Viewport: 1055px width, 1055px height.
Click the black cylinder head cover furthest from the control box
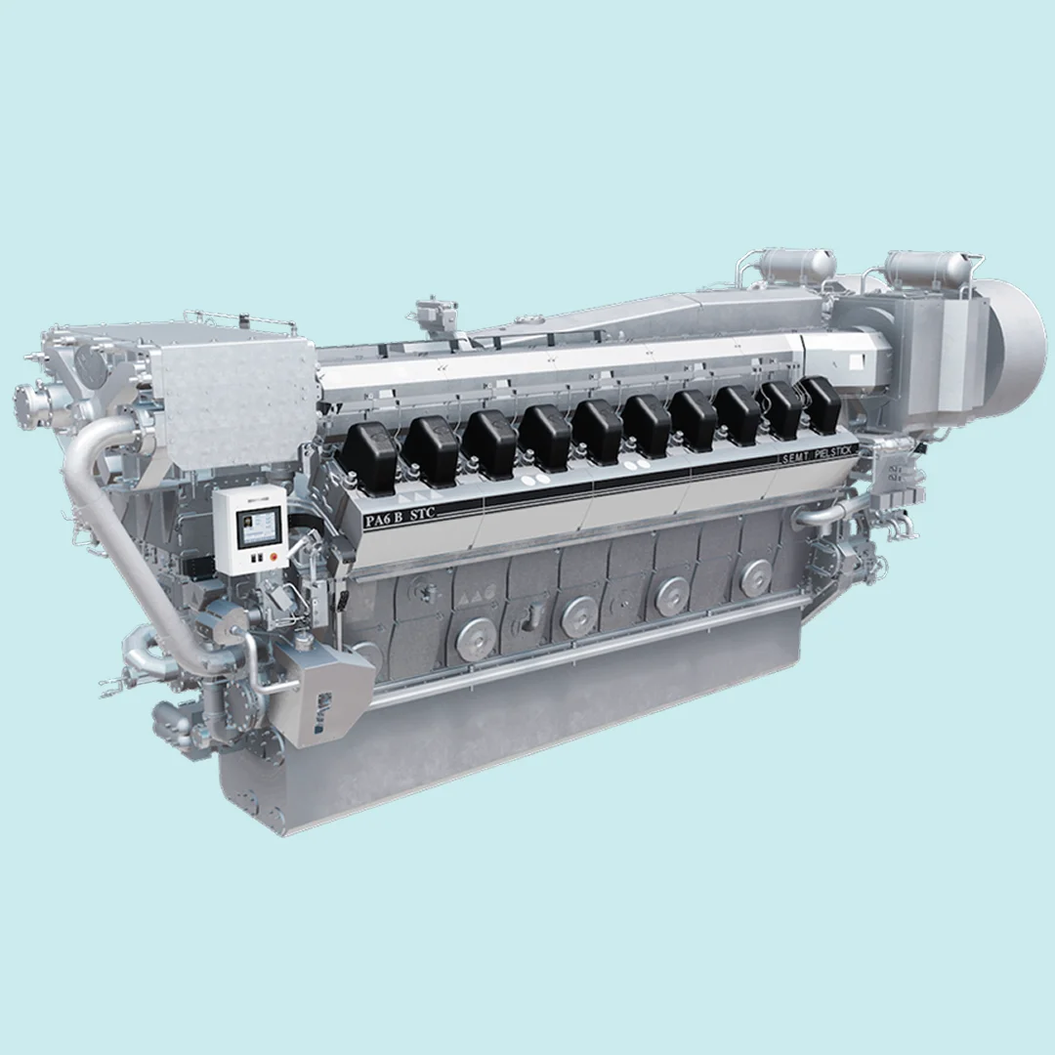click(820, 403)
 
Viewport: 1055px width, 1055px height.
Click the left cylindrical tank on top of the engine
click(797, 264)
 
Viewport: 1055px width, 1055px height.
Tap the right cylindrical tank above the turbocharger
click(928, 268)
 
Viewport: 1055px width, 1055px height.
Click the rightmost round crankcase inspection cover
click(754, 578)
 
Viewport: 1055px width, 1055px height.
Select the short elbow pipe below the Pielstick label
click(825, 513)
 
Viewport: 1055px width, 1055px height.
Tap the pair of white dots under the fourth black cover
click(535, 481)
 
